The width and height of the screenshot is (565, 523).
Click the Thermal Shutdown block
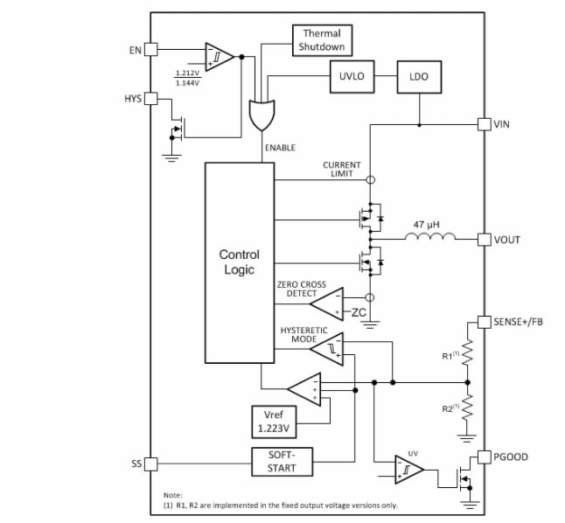[x=321, y=40]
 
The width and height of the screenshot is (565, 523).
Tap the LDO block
[x=419, y=77]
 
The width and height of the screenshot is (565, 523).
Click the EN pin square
[x=150, y=50]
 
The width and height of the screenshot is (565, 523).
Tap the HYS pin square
[x=150, y=98]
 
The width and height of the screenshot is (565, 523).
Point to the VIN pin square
[x=484, y=124]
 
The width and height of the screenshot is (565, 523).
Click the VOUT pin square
[x=484, y=239]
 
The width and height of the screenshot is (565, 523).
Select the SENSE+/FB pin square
[x=484, y=322]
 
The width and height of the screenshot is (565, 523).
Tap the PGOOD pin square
[x=484, y=457]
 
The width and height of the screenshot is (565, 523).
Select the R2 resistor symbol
[x=468, y=408]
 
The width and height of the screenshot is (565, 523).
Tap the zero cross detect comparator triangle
[x=328, y=303]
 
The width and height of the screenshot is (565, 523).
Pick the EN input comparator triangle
[x=219, y=57]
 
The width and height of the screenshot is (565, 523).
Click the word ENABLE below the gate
[x=280, y=149]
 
